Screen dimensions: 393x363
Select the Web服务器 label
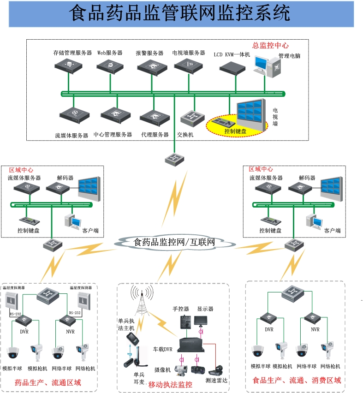click(x=110, y=53)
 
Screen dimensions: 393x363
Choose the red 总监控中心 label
click(x=270, y=46)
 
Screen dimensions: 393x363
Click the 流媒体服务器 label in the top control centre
click(x=71, y=136)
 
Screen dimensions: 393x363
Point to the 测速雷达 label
click(x=217, y=381)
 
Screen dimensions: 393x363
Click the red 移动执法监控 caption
click(x=170, y=384)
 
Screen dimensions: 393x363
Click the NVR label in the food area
click(x=315, y=329)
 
